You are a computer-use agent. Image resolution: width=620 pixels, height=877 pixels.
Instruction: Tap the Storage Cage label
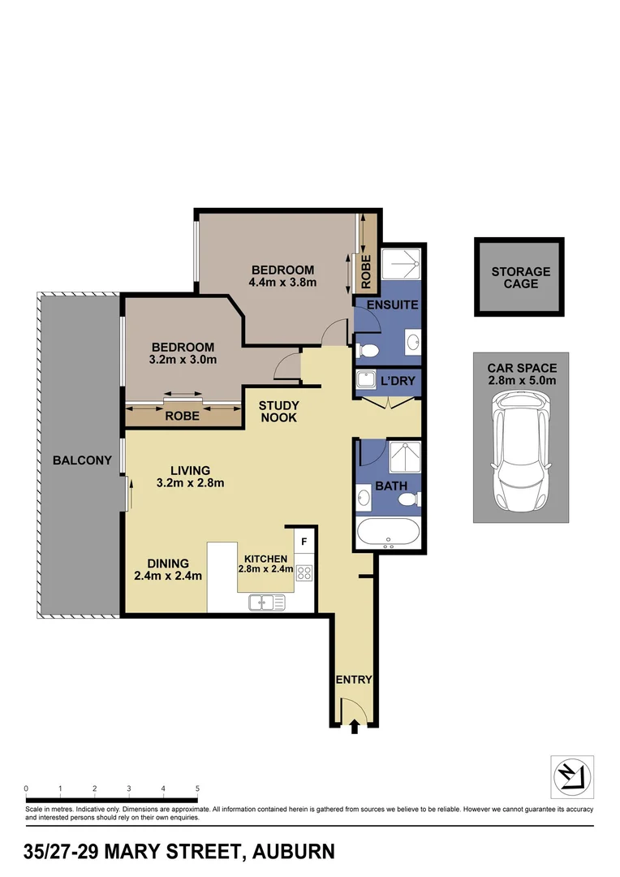520,279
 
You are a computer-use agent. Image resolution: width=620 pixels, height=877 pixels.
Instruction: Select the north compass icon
573,776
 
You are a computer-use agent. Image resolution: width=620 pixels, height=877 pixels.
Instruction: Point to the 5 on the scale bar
197,788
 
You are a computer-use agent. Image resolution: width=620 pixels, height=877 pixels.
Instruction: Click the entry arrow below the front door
354,728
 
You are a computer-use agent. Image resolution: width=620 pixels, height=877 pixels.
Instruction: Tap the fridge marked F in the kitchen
304,541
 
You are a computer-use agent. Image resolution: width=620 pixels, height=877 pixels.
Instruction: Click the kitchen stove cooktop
304,573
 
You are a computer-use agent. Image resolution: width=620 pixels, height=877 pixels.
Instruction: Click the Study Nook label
278,412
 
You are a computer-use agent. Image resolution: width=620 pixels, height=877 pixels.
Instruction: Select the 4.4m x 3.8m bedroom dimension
282,283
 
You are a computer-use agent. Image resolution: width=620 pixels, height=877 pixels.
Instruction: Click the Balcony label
82,460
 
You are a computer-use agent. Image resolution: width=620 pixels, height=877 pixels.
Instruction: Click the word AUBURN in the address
293,852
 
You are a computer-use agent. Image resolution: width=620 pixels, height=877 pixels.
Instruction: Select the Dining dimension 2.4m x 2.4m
168,577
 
